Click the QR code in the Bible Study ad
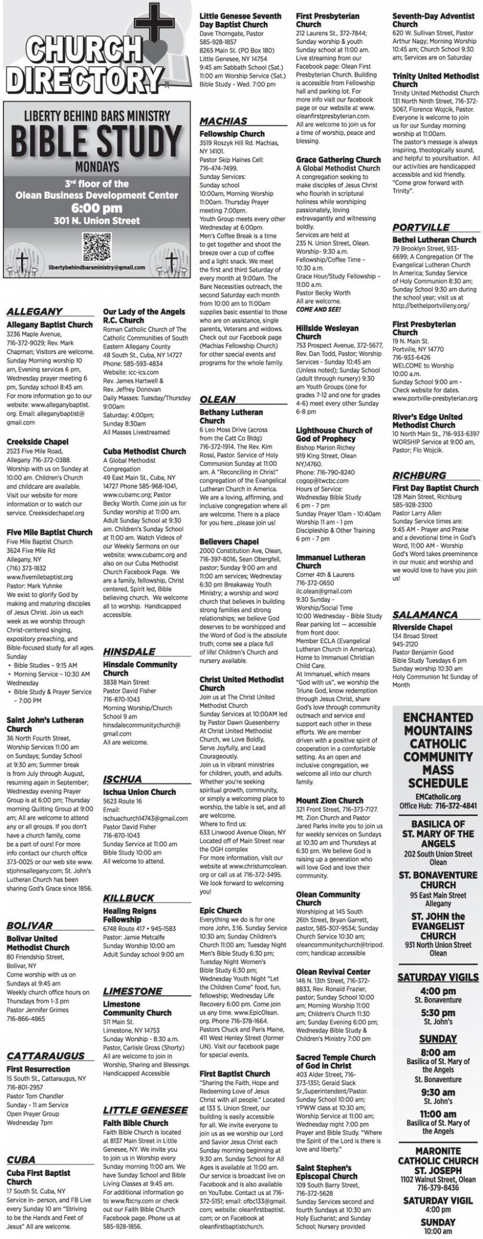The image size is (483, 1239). click(x=96, y=247)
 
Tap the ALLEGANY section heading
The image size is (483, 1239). click(x=34, y=312)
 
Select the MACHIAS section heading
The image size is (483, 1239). click(x=223, y=121)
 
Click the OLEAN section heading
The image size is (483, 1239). click(x=217, y=399)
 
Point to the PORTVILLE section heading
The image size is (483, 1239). click(x=421, y=227)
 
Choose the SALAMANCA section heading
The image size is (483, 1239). click(x=425, y=615)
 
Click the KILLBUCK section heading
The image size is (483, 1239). click(x=128, y=898)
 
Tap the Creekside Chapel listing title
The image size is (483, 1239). click(x=37, y=442)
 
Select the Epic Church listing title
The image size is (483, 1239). click(x=220, y=910)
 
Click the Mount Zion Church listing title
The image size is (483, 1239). click(x=329, y=800)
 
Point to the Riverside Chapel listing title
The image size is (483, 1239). click(x=422, y=627)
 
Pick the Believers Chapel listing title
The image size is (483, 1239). click(x=229, y=541)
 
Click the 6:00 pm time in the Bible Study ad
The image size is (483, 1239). click(x=96, y=206)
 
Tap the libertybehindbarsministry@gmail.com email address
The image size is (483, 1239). click(x=97, y=267)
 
